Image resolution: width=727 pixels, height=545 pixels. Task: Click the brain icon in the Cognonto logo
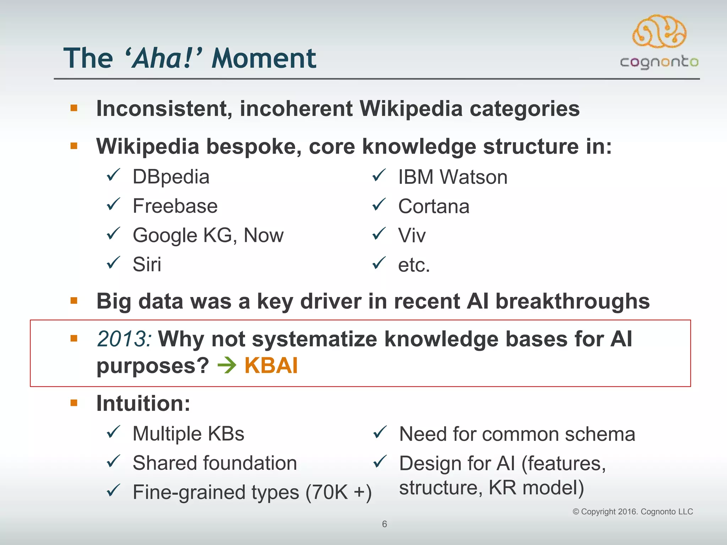point(659,31)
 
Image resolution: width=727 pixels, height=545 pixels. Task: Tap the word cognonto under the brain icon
point(659,62)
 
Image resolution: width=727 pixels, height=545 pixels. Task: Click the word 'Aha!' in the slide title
point(163,58)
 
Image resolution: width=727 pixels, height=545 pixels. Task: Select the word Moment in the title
point(263,58)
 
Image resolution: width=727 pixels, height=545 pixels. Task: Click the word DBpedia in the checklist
point(171,177)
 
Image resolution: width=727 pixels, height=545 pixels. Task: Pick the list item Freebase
point(175,206)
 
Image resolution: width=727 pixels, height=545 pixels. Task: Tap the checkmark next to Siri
point(114,263)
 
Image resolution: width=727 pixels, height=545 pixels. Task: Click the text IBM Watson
point(453,177)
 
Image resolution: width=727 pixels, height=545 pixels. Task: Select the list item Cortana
point(433,206)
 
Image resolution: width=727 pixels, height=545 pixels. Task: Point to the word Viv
point(412,235)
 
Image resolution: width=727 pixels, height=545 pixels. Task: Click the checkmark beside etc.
point(379,263)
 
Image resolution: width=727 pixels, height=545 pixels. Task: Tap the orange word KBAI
point(271,365)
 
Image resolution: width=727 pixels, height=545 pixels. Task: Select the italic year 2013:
point(125,339)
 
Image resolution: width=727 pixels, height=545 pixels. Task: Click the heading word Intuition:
point(143,403)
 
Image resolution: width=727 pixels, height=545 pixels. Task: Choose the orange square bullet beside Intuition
point(74,403)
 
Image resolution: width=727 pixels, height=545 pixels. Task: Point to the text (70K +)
point(338,492)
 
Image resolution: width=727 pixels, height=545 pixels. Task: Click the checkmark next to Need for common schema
point(379,432)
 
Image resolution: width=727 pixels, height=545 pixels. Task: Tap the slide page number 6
point(384,524)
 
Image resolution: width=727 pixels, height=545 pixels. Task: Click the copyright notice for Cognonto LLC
point(633,512)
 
